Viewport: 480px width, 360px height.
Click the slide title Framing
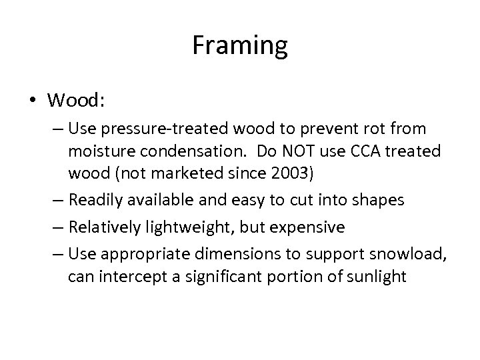click(240, 46)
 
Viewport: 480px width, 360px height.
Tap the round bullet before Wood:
click(33, 101)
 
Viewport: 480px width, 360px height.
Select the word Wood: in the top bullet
click(75, 101)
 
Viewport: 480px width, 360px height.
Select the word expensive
click(311, 227)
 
